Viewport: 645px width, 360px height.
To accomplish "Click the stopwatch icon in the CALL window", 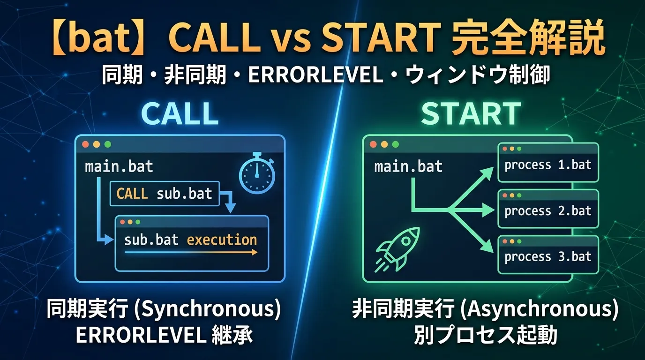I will [x=257, y=173].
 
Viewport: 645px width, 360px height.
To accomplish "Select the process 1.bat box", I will [x=548, y=163].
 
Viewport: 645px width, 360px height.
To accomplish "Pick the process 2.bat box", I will [x=548, y=209].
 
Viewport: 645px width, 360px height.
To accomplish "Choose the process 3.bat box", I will [x=548, y=255].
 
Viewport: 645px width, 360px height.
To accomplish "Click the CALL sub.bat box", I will [x=164, y=193].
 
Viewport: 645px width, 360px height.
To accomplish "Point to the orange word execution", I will [x=222, y=240].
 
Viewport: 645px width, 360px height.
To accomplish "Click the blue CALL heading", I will [x=180, y=113].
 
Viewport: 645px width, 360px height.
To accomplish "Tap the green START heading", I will [x=471, y=113].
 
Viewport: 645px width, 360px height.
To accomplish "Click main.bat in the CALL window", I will [x=119, y=166].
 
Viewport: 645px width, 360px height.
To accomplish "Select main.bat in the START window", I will [x=408, y=166].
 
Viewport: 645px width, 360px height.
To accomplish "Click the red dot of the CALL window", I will [x=85, y=144].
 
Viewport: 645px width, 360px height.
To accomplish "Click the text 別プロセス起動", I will [x=485, y=336].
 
